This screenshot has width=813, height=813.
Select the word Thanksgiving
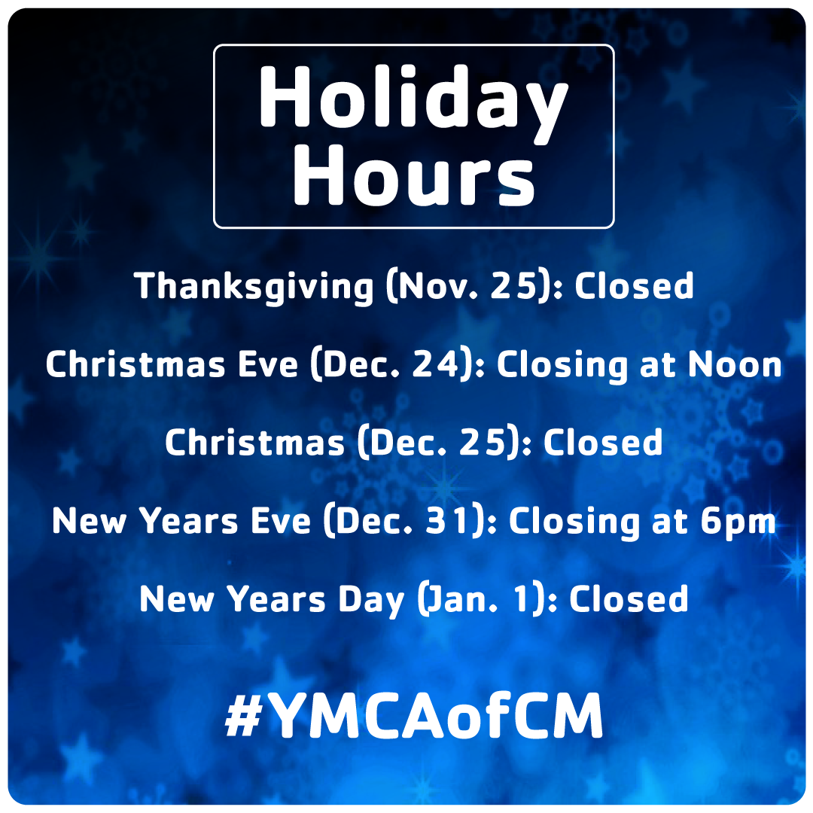[254, 287]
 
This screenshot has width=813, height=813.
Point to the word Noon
[735, 364]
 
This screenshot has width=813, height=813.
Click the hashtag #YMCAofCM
[414, 715]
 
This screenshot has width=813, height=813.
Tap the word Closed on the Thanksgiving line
[634, 286]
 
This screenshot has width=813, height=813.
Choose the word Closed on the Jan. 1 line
[629, 599]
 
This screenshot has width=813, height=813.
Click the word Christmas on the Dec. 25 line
[254, 443]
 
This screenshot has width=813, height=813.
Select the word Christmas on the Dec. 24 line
[135, 364]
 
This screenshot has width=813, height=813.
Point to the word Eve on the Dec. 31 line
[281, 521]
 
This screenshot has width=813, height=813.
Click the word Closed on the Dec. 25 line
[602, 443]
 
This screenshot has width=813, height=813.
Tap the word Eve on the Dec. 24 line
[267, 364]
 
